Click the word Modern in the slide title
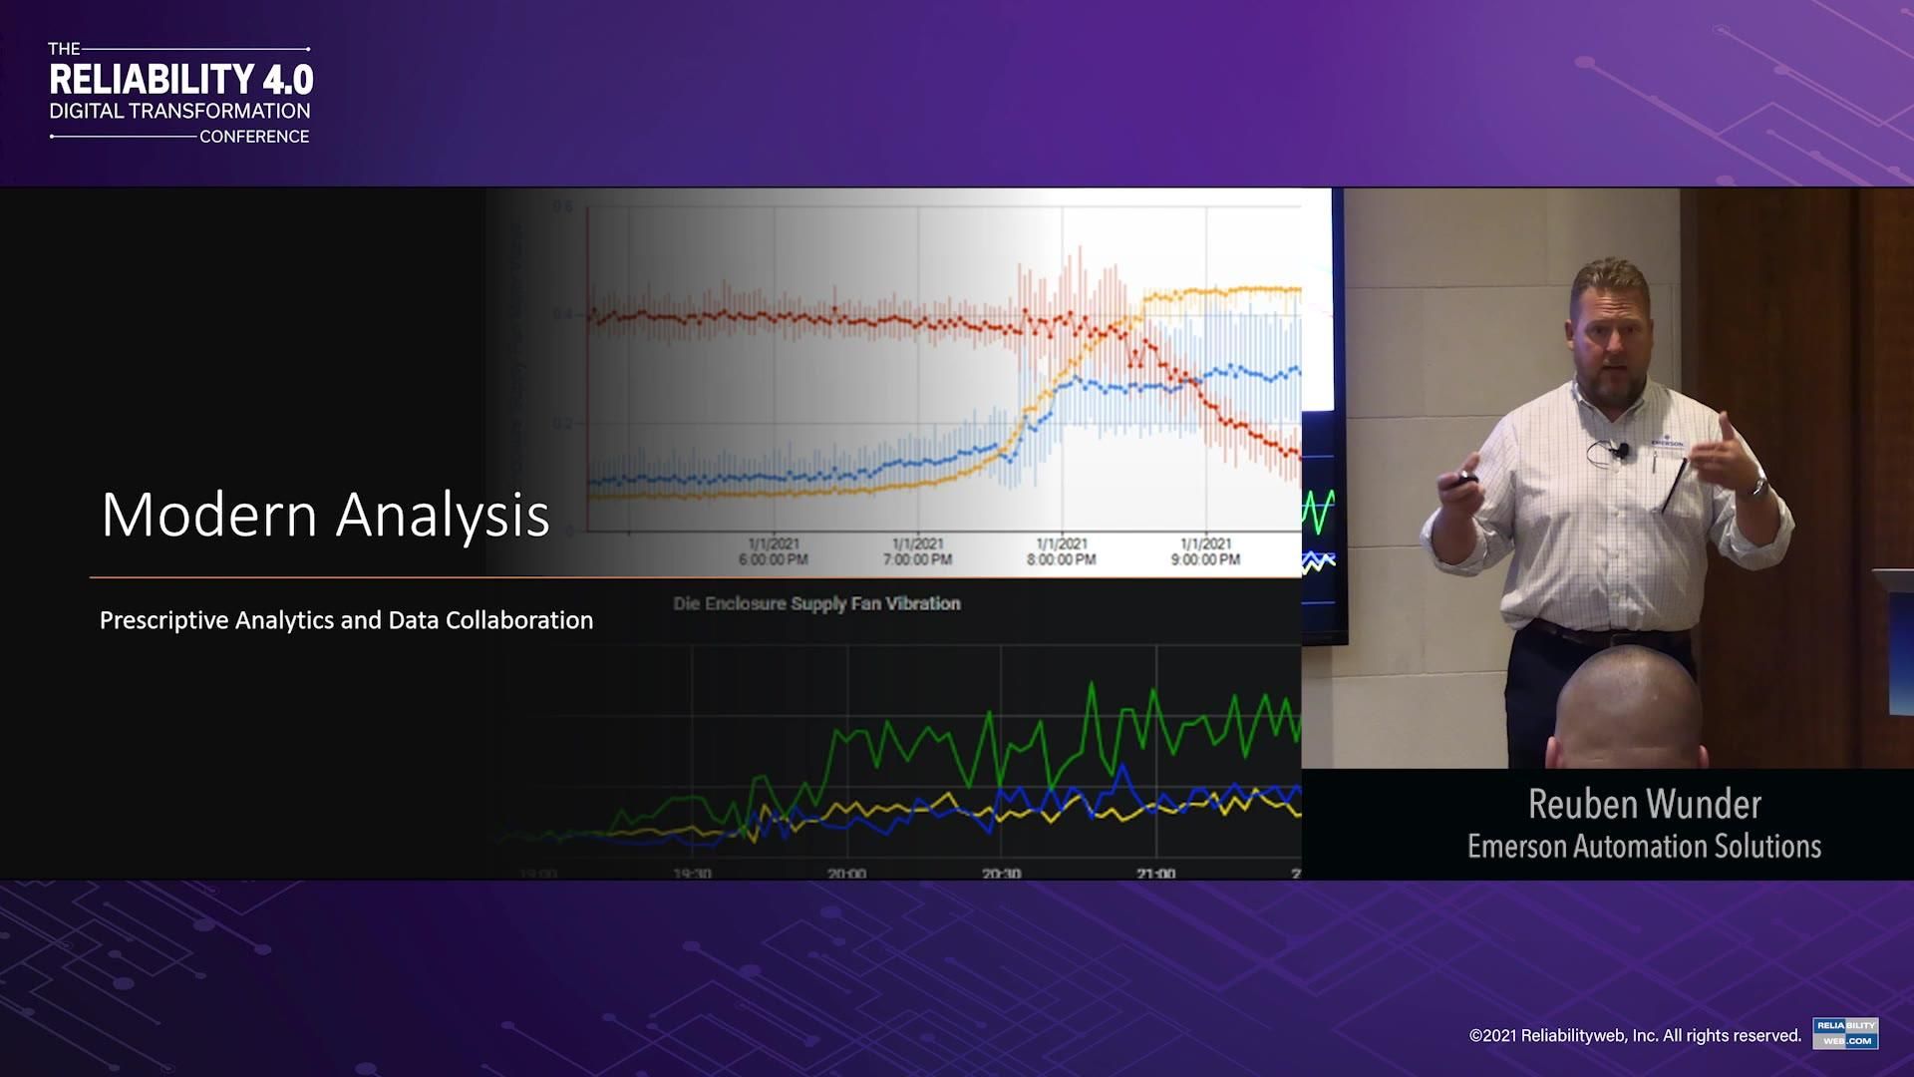click(x=209, y=516)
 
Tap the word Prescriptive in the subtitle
click(x=163, y=620)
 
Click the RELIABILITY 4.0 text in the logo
click(x=181, y=80)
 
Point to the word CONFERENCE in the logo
click(x=254, y=137)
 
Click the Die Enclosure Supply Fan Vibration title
click(x=816, y=603)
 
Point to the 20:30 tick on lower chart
click(x=1001, y=874)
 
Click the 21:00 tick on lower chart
click(x=1155, y=874)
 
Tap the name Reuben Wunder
click(x=1644, y=804)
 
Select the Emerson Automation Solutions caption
click(x=1644, y=847)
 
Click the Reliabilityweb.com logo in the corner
click(x=1845, y=1033)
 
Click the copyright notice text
click(x=1635, y=1035)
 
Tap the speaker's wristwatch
click(x=1759, y=488)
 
